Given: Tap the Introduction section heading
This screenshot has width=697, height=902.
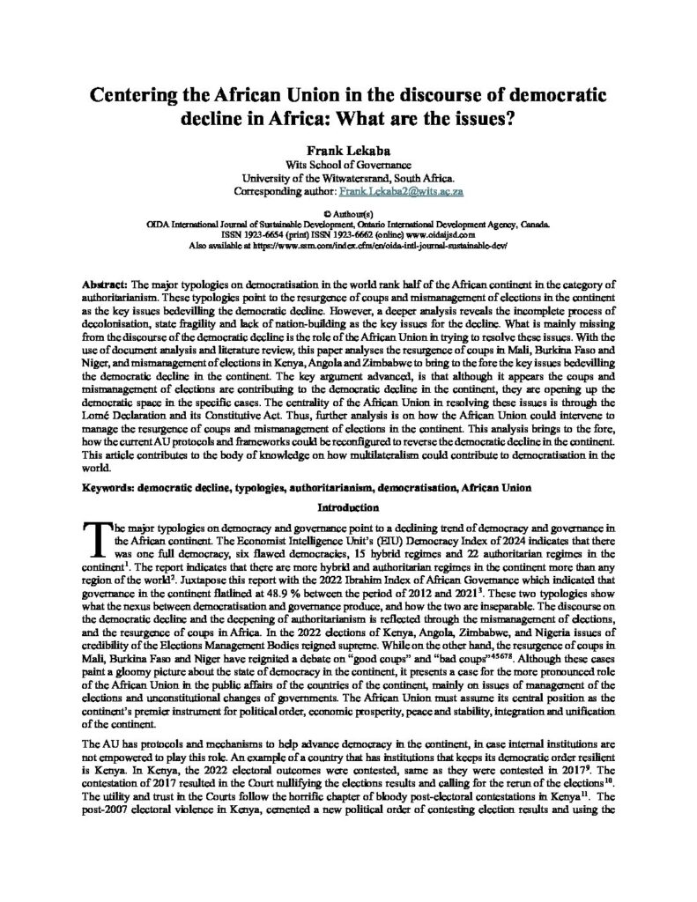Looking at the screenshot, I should [x=348, y=507].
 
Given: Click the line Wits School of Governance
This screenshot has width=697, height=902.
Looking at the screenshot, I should [x=348, y=164].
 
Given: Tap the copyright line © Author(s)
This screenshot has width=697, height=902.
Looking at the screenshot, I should [x=348, y=214].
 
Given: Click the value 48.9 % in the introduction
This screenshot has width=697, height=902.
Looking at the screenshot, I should [x=279, y=582].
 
